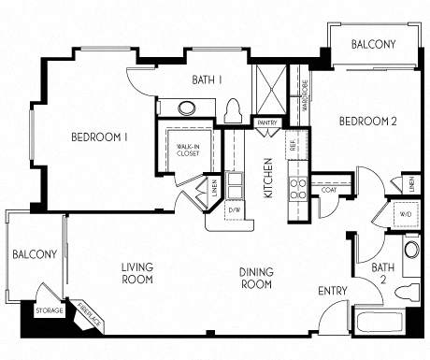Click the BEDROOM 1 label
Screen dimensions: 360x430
click(99, 137)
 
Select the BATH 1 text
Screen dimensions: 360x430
click(207, 79)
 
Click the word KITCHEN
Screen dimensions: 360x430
click(267, 177)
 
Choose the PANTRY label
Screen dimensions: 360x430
click(267, 122)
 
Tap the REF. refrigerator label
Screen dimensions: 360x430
click(293, 145)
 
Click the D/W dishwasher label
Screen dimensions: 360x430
click(234, 209)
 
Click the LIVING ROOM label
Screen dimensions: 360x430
click(136, 273)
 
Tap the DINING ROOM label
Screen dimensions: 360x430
click(255, 278)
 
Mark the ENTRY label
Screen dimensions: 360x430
click(332, 291)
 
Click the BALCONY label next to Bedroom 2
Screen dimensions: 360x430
click(373, 44)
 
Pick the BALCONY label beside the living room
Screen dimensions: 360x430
click(35, 254)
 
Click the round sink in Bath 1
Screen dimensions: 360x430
click(187, 107)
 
